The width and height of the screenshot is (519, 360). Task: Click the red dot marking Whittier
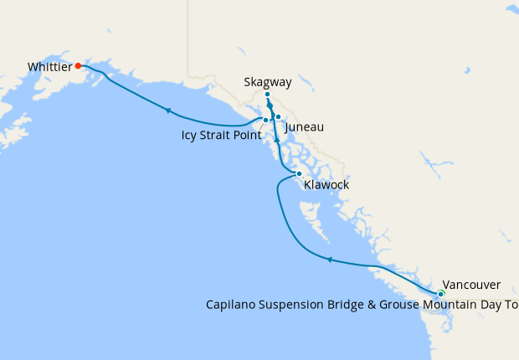pyautogui.click(x=78, y=65)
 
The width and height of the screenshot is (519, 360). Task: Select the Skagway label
pyautogui.click(x=268, y=82)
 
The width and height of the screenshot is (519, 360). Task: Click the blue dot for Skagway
pyautogui.click(x=267, y=95)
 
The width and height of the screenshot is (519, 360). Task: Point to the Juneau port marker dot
pyautogui.click(x=278, y=117)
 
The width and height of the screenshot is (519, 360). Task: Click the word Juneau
pyautogui.click(x=304, y=127)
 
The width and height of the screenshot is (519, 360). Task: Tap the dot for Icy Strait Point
pyautogui.click(x=265, y=121)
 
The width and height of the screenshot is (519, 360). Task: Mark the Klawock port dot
pyautogui.click(x=299, y=174)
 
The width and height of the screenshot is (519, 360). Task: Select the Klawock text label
pyautogui.click(x=326, y=185)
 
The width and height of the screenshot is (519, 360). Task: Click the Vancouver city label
pyautogui.click(x=471, y=284)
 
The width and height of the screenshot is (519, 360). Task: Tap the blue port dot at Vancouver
pyautogui.click(x=440, y=293)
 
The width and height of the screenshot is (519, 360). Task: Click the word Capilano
pyautogui.click(x=230, y=305)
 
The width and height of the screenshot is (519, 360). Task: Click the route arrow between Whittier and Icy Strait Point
pyautogui.click(x=168, y=111)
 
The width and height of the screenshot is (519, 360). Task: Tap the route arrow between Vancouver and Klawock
pyautogui.click(x=330, y=260)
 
